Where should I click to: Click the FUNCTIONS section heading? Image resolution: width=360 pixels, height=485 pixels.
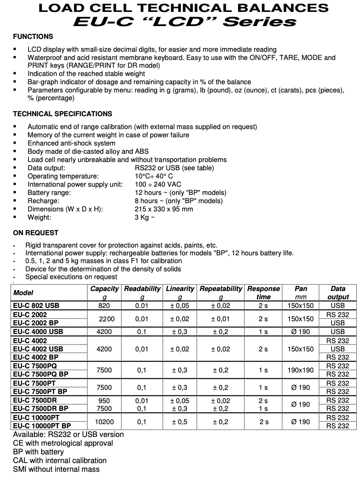click(x=33, y=37)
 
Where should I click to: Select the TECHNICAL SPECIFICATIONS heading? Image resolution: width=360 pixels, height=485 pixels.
click(x=62, y=114)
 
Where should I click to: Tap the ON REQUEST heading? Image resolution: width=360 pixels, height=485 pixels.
click(x=36, y=233)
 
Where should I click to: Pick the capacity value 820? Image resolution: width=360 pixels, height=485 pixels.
click(x=104, y=305)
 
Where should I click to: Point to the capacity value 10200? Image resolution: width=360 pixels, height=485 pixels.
click(x=104, y=422)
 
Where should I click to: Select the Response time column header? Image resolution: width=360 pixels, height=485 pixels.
click(x=263, y=293)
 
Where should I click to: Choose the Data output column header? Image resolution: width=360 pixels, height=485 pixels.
click(x=338, y=293)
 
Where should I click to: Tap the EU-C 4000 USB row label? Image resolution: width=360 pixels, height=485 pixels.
click(x=38, y=331)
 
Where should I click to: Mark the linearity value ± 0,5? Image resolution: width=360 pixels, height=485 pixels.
click(x=179, y=422)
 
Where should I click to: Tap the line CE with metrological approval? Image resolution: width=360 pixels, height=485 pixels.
click(x=63, y=443)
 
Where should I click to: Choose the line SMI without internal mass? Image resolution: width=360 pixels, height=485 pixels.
click(x=56, y=469)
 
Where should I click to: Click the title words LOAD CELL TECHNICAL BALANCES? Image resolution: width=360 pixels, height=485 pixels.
click(x=183, y=8)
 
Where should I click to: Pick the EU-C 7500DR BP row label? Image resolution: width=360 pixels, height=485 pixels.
click(x=40, y=409)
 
